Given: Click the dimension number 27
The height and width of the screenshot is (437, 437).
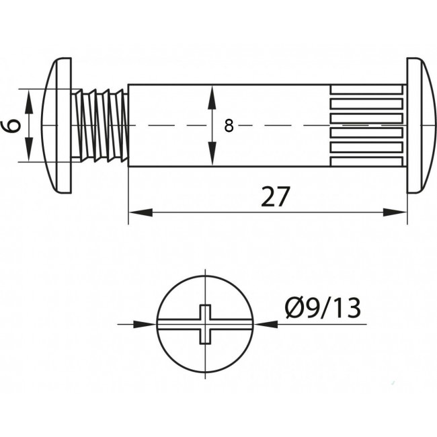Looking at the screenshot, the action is (276, 196).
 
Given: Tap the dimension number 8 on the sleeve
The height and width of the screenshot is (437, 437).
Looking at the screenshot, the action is (229, 126).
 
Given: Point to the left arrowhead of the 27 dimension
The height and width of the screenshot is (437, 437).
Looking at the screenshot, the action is (141, 212).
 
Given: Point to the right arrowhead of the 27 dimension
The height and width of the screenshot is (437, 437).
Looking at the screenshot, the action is (395, 212).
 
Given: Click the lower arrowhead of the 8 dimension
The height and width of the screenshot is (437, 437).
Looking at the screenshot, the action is (212, 154).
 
